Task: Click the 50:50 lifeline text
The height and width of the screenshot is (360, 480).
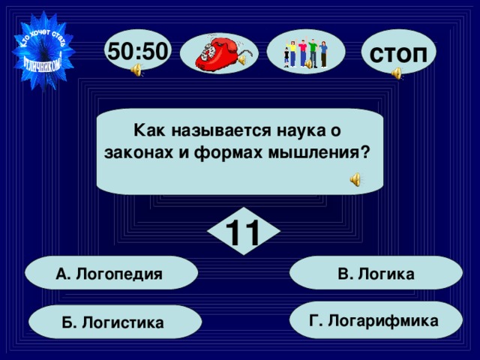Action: pos(139,50)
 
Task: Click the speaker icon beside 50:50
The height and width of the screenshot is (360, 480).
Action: pos(137,71)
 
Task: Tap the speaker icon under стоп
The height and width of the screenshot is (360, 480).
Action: pos(396,73)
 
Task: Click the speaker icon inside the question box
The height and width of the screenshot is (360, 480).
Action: pos(356,179)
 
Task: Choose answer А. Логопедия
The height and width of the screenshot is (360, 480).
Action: pos(109,274)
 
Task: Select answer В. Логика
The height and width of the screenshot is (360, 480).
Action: pos(376,274)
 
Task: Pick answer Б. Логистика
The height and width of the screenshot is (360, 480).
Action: pos(113,322)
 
